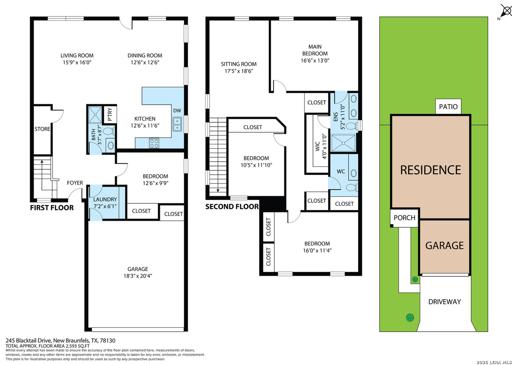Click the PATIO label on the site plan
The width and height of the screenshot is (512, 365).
click(448, 106)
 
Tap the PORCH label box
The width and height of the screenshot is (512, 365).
click(404, 218)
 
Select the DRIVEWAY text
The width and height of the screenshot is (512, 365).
click(445, 302)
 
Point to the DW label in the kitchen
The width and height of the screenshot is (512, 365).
click(177, 111)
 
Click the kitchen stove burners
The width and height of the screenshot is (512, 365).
click(154, 143)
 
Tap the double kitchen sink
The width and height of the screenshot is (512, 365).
click(177, 124)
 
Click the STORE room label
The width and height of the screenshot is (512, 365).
click(42, 129)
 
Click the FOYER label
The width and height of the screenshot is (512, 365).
click(75, 183)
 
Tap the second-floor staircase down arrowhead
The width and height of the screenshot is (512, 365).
click(218, 191)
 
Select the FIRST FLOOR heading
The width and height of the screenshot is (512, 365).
click(52, 208)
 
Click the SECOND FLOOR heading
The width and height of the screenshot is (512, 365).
click(232, 207)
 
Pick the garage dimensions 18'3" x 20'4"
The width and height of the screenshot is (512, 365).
click(138, 276)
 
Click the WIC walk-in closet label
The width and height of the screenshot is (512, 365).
click(318, 147)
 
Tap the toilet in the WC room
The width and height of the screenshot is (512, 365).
click(352, 188)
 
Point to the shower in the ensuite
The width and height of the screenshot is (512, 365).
click(344, 143)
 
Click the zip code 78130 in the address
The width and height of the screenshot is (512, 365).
click(108, 341)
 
